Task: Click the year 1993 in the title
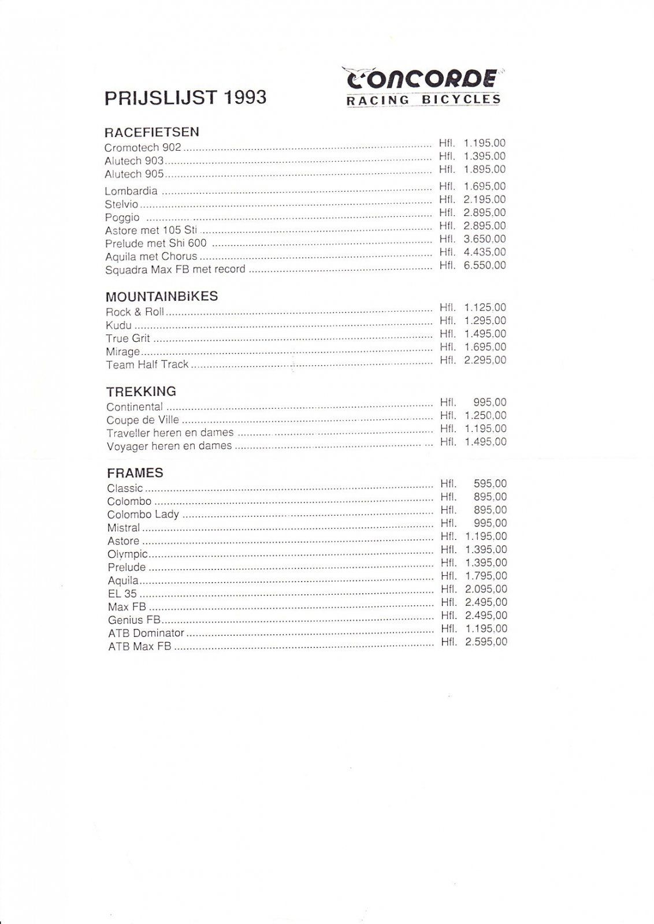pos(244,98)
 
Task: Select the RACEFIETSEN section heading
pos(152,132)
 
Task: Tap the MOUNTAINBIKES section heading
pos(162,297)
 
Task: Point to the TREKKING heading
pos(142,392)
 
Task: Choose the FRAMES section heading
pos(135,473)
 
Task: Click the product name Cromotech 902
pos(143,148)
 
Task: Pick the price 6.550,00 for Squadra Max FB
pos(485,266)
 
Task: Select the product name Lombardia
pos(131,191)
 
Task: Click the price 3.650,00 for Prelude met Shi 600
pos(485,239)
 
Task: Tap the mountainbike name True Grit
pos(128,338)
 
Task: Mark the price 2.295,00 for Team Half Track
pos(485,360)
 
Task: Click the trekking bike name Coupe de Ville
pos(143,420)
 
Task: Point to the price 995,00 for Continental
pos(490,403)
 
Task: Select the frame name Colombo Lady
pos(143,515)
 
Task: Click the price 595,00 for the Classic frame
pos(490,484)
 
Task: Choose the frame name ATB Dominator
pos(146,634)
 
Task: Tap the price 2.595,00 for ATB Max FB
pos(486,642)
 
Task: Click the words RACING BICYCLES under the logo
pos(423,100)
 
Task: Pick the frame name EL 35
pos(122,594)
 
